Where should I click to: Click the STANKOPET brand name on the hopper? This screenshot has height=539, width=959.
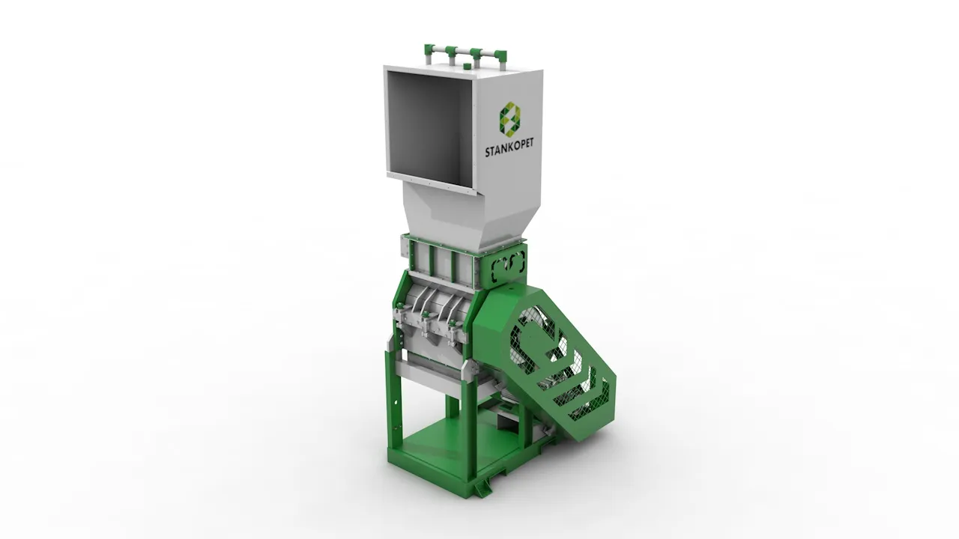[509, 148]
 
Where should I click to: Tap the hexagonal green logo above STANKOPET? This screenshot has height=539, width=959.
[510, 116]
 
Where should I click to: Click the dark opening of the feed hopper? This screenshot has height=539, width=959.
[429, 127]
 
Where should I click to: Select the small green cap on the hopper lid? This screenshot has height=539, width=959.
[466, 66]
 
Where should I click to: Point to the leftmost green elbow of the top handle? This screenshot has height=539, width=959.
[429, 49]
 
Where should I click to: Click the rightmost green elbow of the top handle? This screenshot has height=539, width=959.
[501, 55]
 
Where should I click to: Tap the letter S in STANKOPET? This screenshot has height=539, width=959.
[487, 153]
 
